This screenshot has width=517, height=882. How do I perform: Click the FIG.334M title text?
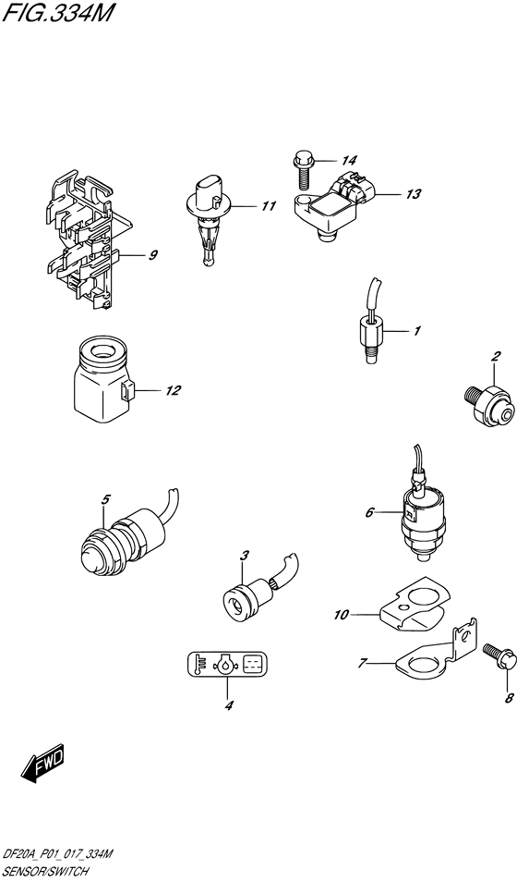coord(54,14)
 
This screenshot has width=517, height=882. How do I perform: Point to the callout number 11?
coord(268,205)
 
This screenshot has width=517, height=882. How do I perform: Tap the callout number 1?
coord(416,330)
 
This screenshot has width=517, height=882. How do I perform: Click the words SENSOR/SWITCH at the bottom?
coord(49,872)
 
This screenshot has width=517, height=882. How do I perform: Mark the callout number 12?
coord(173,391)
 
